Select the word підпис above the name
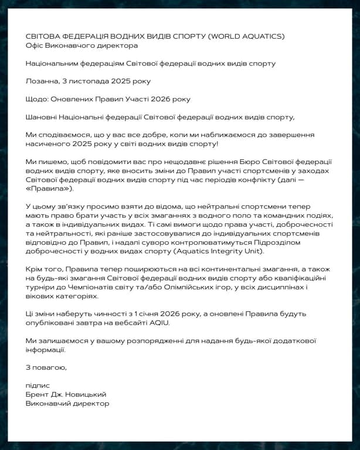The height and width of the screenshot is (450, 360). (38, 386)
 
